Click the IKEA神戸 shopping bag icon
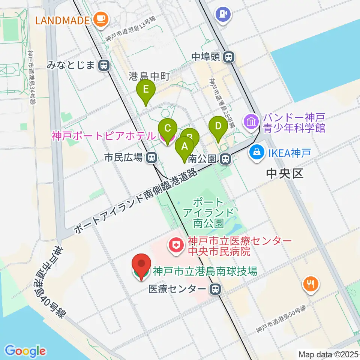tap(257, 153)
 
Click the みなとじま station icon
tap(104, 66)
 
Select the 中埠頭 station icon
tap(228, 57)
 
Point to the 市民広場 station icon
tap(151, 158)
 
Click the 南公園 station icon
tap(225, 159)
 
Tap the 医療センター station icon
tap(215, 289)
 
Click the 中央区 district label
tap(284, 173)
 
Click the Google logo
tap(25, 351)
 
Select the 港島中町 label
tap(149, 76)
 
